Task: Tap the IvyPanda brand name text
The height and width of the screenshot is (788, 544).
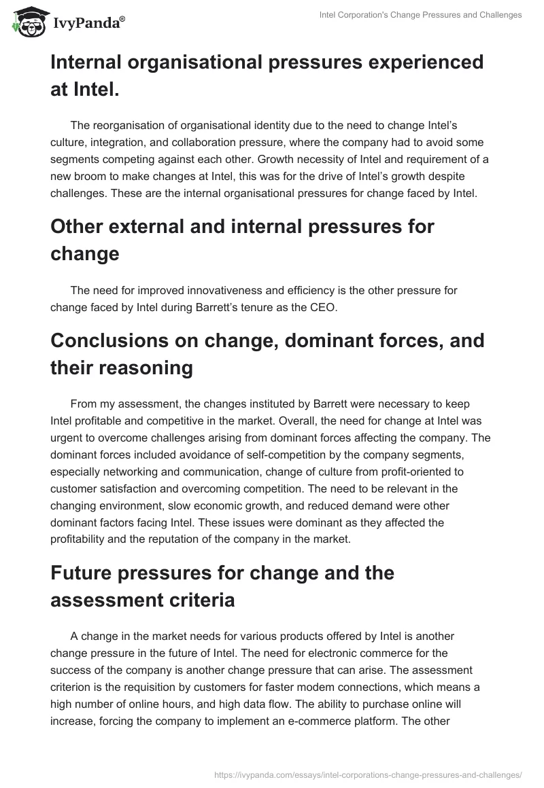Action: tap(88, 23)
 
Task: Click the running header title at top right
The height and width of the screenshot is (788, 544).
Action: tap(420, 15)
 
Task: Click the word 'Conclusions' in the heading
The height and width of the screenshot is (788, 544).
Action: tap(111, 340)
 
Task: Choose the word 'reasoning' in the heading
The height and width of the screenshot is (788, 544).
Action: tap(146, 368)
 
